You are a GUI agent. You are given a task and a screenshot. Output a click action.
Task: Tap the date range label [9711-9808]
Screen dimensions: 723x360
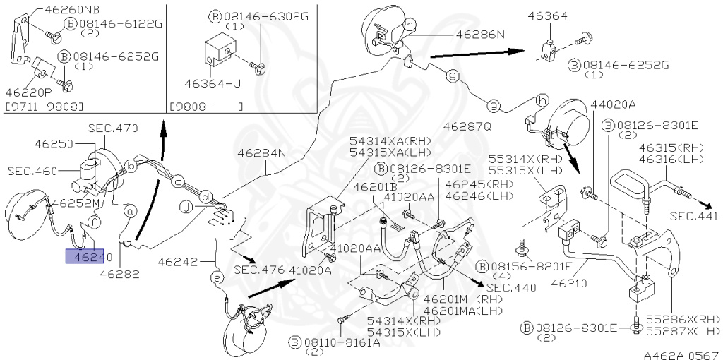44,107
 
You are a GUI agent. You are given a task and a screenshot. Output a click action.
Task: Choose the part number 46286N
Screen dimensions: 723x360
480,33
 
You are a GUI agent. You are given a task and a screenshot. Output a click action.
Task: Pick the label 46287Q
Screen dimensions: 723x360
468,127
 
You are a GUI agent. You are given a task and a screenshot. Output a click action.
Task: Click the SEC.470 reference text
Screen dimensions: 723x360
113,128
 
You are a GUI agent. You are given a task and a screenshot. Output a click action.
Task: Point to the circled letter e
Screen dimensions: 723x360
217,280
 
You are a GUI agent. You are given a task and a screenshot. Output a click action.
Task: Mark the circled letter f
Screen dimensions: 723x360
95,221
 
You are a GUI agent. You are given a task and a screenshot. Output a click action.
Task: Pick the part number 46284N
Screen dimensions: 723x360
262,152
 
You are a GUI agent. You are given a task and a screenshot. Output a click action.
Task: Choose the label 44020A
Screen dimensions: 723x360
614,104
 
